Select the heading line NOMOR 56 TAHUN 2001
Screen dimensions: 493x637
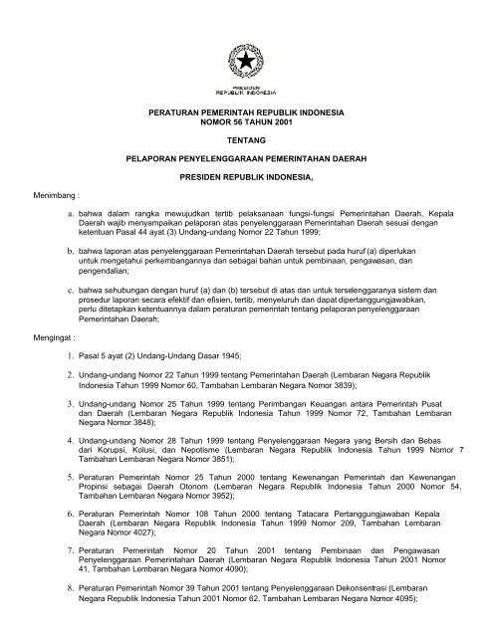click(246, 124)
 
